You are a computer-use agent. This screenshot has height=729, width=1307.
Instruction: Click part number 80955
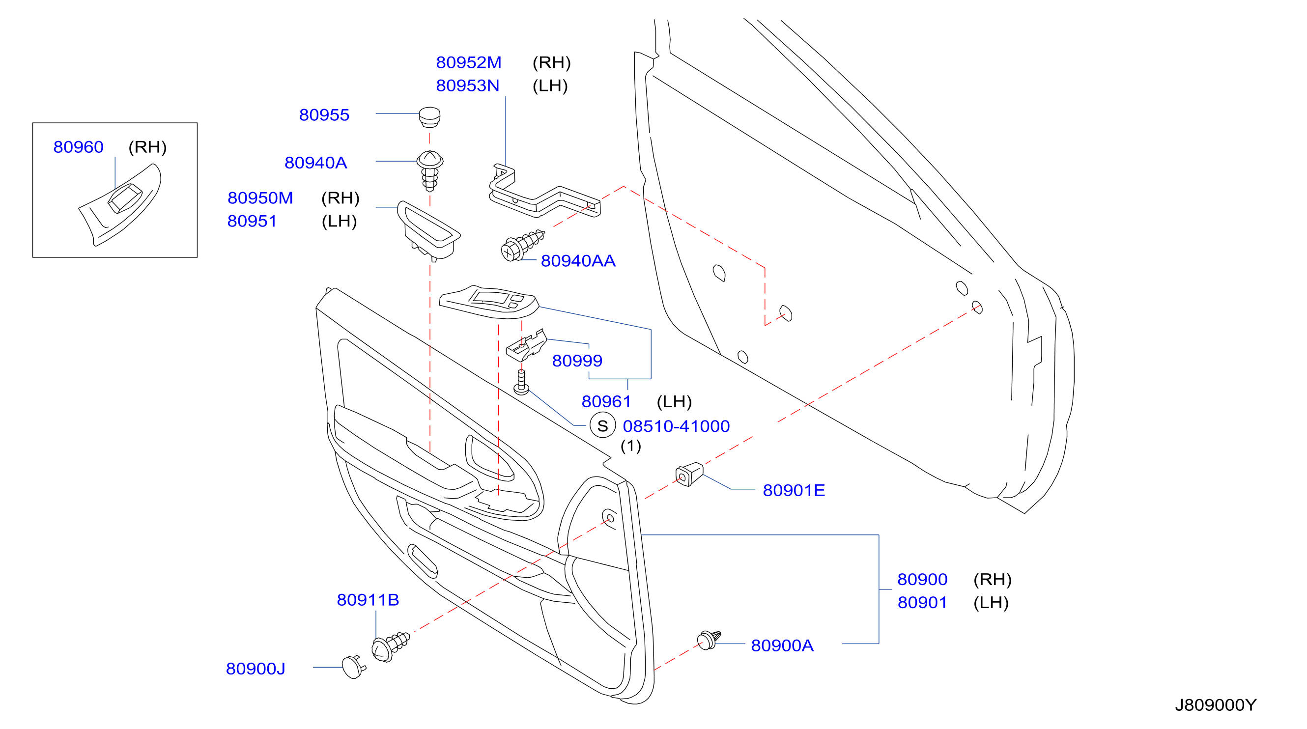pyautogui.click(x=324, y=115)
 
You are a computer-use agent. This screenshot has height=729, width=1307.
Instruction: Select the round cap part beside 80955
pyautogui.click(x=430, y=117)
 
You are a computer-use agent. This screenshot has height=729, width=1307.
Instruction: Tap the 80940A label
pyautogui.click(x=315, y=163)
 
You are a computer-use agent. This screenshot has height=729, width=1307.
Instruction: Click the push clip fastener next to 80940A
pyautogui.click(x=430, y=170)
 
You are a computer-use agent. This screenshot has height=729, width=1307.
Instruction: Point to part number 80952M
pyautogui.click(x=469, y=62)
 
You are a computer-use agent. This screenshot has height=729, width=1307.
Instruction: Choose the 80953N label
pyautogui.click(x=468, y=86)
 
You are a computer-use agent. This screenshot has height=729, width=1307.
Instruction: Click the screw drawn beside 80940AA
pyautogui.click(x=522, y=246)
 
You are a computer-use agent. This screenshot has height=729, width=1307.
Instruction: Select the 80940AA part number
pyautogui.click(x=578, y=261)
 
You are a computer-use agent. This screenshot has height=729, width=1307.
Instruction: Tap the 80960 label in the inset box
pyautogui.click(x=78, y=147)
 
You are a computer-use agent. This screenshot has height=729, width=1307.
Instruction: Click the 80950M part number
pyautogui.click(x=260, y=198)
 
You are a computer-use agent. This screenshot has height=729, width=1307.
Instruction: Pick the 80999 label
pyautogui.click(x=577, y=361)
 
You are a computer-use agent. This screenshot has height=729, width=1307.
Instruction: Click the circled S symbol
pyautogui.click(x=603, y=425)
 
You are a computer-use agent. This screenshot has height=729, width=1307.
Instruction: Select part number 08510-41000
pyautogui.click(x=676, y=426)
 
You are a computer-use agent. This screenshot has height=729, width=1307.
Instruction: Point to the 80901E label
pyautogui.click(x=794, y=491)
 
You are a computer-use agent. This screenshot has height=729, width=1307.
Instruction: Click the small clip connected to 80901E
pyautogui.click(x=689, y=475)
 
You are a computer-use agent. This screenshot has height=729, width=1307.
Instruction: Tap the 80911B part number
pyautogui.click(x=368, y=600)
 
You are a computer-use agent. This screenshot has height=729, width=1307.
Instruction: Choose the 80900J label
pyautogui.click(x=256, y=669)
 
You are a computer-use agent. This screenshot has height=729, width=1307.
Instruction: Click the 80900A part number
pyautogui.click(x=782, y=646)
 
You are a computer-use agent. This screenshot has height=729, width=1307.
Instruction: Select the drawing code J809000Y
pyautogui.click(x=1216, y=705)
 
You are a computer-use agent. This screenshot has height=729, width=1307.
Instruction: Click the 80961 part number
pyautogui.click(x=606, y=402)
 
